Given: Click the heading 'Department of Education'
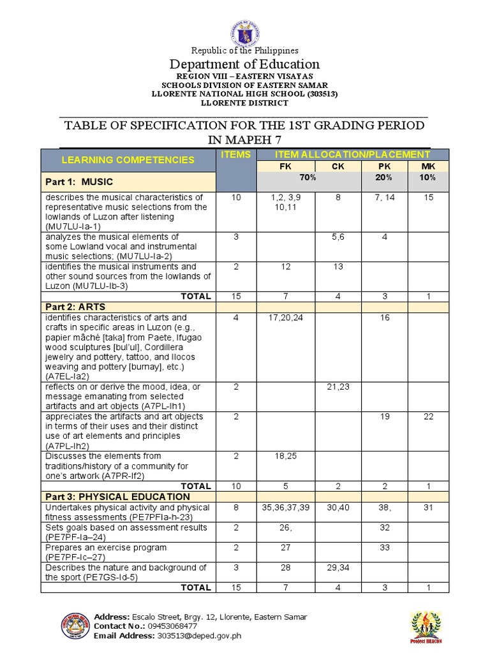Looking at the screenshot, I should pyautogui.click(x=244, y=64).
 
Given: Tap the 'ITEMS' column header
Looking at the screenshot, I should pyautogui.click(x=236, y=155).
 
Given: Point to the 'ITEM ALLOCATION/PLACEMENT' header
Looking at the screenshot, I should pyautogui.click(x=352, y=155).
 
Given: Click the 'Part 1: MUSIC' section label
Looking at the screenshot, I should pyautogui.click(x=79, y=182).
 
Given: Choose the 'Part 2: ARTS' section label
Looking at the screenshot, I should pyautogui.click(x=75, y=307).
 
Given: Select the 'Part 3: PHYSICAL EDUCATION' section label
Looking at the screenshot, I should pyautogui.click(x=117, y=496).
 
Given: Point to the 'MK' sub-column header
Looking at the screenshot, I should pyautogui.click(x=428, y=166).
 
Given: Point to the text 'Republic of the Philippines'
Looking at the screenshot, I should pyautogui.click(x=244, y=50).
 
